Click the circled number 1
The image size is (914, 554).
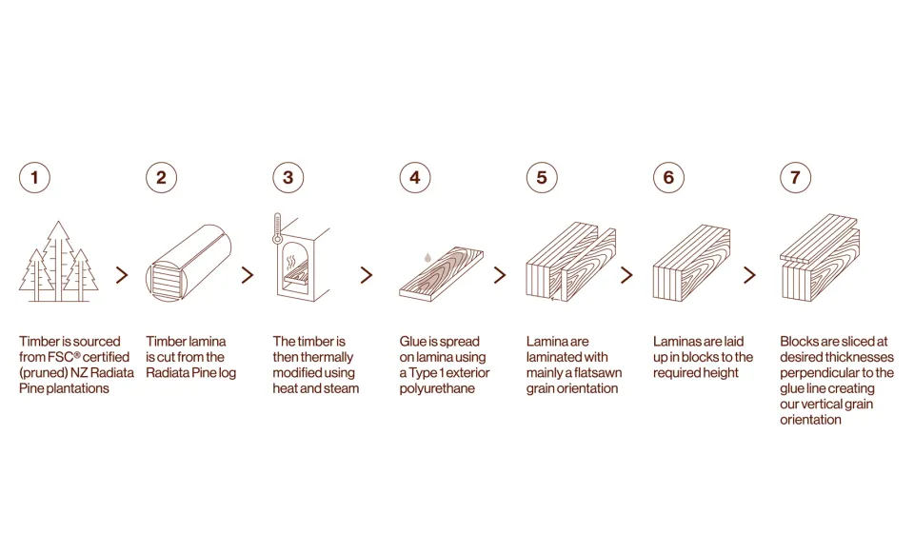coord(34,177)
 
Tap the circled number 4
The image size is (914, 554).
coord(414,177)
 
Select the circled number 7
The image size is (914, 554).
coord(795,177)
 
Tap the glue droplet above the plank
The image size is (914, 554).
coord(427,256)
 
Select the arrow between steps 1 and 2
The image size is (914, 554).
coord(122,275)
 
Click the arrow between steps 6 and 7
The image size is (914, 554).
coord(749,275)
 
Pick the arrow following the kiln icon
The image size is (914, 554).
coord(367,275)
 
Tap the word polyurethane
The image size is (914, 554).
coord(437,388)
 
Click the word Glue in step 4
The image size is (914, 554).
coord(412,342)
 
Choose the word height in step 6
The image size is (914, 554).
coord(720,373)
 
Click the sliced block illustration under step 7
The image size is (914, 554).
coord(820,262)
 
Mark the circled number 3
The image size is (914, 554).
coord(288,177)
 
